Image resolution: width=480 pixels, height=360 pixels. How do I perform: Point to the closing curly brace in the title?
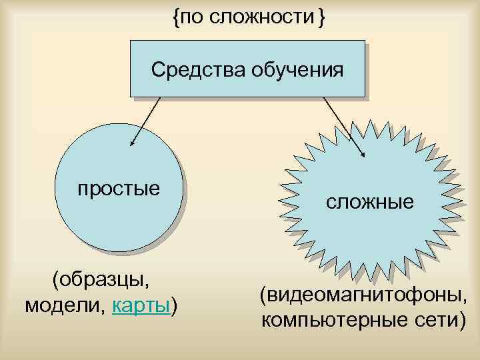[x=322, y=18]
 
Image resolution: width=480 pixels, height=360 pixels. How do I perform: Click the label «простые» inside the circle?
[x=119, y=189]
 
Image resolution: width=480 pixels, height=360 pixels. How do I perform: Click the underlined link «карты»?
[x=142, y=306]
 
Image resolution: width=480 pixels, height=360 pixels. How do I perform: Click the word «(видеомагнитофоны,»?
[x=369, y=294]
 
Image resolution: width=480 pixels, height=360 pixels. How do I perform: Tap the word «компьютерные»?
[x=327, y=321]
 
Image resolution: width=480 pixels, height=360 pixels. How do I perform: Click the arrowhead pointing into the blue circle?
[x=132, y=142]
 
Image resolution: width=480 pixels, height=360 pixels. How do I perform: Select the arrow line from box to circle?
[x=147, y=120]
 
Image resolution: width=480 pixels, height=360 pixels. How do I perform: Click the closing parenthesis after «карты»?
[x=175, y=307]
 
